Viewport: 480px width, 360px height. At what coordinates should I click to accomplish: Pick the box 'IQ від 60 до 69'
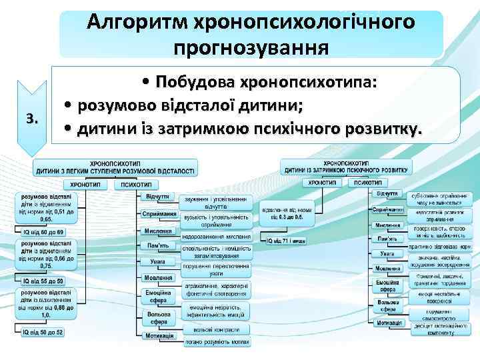click(44, 231)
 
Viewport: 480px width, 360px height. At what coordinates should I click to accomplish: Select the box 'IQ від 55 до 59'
click(44, 281)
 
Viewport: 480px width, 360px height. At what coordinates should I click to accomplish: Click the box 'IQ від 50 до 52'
click(44, 332)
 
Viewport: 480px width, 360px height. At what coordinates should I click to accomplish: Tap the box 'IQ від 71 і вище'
click(287, 240)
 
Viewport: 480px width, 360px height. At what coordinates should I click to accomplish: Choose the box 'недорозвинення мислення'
click(216, 236)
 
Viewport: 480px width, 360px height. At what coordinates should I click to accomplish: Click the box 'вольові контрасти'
click(216, 329)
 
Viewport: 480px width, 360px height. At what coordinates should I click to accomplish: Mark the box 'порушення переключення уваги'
click(216, 269)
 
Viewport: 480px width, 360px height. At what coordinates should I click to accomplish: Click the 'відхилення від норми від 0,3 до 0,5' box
click(287, 213)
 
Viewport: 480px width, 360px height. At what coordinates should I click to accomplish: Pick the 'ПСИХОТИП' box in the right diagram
click(368, 181)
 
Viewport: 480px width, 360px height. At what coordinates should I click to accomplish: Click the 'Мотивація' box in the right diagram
click(388, 323)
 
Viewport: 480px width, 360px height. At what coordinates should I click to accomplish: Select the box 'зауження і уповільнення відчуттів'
click(216, 203)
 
